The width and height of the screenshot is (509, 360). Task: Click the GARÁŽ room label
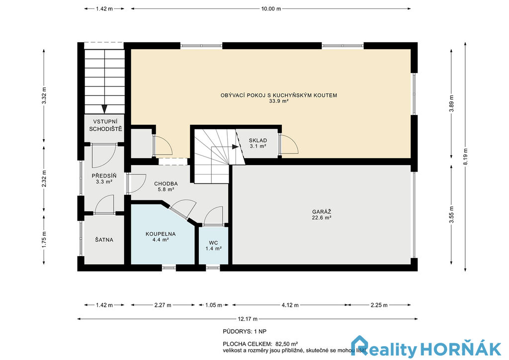[322, 212]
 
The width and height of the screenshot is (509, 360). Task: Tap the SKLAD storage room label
[258, 141]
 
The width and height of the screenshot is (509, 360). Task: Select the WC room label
[213, 243]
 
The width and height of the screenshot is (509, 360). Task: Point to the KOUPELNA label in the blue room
[161, 234]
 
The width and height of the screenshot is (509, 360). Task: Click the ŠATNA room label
[104, 240]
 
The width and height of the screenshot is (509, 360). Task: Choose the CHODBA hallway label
[166, 184]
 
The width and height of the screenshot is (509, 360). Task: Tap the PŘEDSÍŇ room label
[104, 176]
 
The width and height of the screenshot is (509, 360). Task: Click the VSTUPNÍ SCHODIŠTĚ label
[105, 125]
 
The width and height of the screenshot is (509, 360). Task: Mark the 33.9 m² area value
[279, 101]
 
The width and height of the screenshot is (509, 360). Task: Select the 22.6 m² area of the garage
[322, 218]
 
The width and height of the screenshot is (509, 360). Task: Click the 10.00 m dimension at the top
[271, 9]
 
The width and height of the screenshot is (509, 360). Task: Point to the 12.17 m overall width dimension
[248, 319]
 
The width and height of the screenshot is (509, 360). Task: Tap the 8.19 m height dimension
[465, 157]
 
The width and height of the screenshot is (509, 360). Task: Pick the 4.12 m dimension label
[290, 305]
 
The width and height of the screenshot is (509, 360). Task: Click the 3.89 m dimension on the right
[451, 103]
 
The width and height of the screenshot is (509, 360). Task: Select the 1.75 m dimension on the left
[44, 240]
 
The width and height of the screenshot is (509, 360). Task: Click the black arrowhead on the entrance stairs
[104, 109]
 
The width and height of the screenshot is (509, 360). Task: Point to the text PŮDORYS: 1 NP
[245, 332]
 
